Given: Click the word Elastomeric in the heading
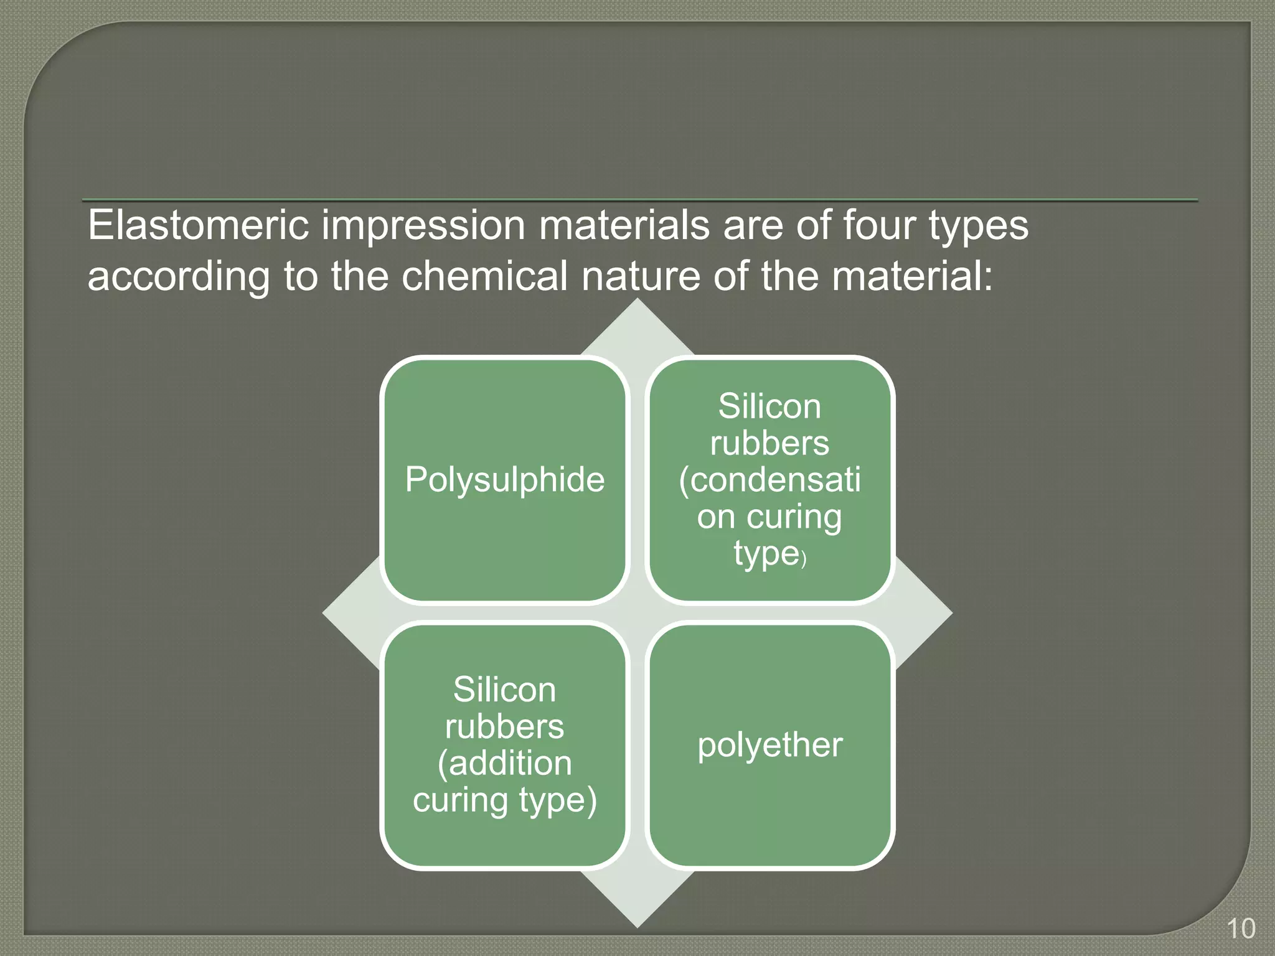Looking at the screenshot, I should [198, 225].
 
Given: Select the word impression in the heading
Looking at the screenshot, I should [423, 226].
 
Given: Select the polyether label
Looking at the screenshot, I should [769, 746].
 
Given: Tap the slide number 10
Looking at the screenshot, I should [1240, 929].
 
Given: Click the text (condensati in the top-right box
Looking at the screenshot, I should [769, 480].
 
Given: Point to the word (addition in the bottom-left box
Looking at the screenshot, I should [504, 764].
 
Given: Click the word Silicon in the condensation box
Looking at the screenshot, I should [769, 407].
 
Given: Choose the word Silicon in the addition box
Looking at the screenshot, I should [504, 690].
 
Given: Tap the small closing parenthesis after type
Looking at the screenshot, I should [804, 559].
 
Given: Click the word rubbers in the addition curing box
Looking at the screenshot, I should [504, 727].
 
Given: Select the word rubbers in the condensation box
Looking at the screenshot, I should [769, 444].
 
